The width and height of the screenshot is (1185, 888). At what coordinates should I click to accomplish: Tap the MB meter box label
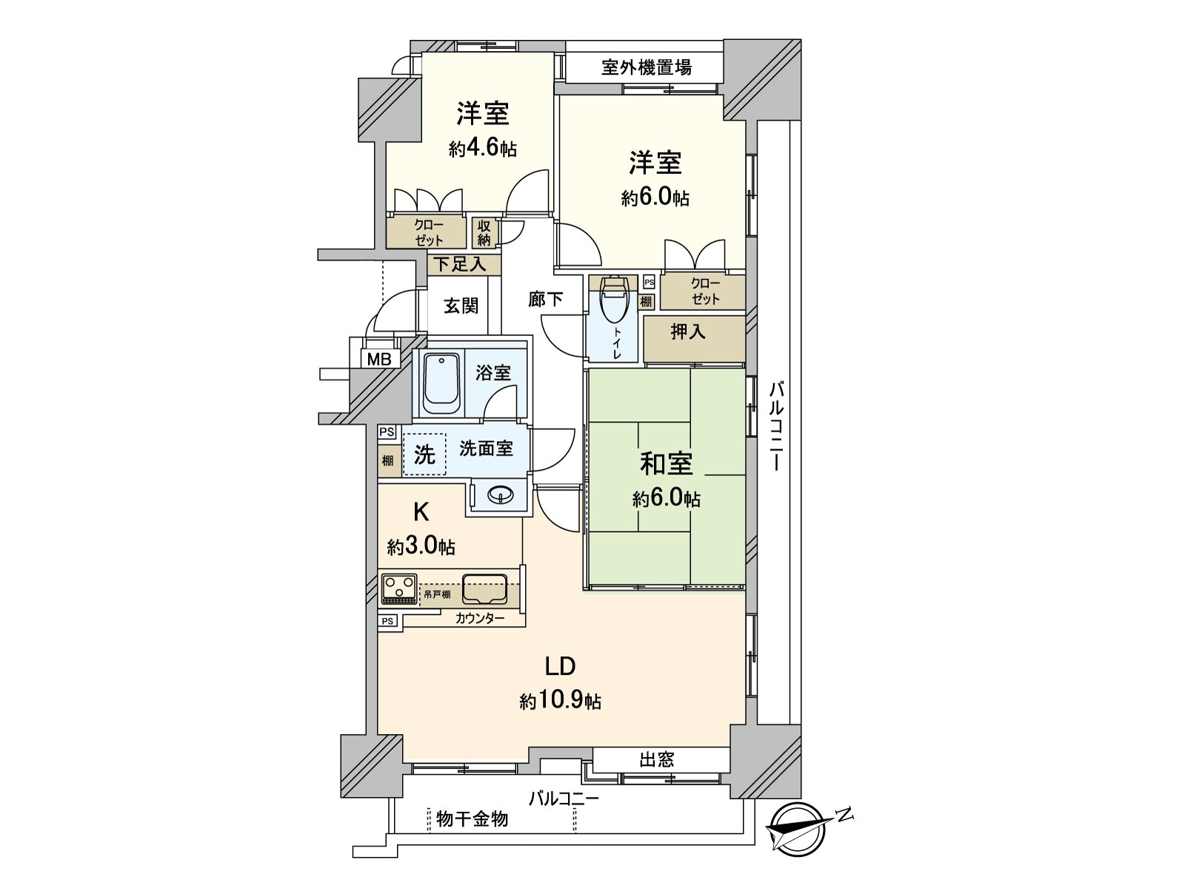(x=380, y=360)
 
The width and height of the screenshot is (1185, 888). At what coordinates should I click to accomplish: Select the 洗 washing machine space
(x=424, y=454)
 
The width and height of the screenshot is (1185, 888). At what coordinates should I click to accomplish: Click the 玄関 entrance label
(x=461, y=305)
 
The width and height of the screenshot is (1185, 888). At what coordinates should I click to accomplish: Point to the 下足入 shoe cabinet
(x=459, y=263)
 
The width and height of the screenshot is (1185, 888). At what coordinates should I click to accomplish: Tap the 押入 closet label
(x=687, y=332)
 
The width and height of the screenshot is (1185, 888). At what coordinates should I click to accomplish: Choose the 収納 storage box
(x=484, y=233)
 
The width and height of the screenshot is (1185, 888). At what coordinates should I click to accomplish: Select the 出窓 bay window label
(x=656, y=759)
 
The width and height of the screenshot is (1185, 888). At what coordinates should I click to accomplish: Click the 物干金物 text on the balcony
(x=473, y=818)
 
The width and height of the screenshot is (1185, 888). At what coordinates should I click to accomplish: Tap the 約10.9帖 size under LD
(x=560, y=700)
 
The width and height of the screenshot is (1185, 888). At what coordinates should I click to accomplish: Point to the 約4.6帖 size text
(x=482, y=149)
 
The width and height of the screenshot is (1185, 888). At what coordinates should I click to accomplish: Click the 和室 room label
(x=666, y=464)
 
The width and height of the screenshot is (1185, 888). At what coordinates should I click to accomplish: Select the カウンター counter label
(x=480, y=618)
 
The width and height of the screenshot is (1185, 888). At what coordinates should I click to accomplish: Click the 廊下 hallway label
(x=545, y=299)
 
